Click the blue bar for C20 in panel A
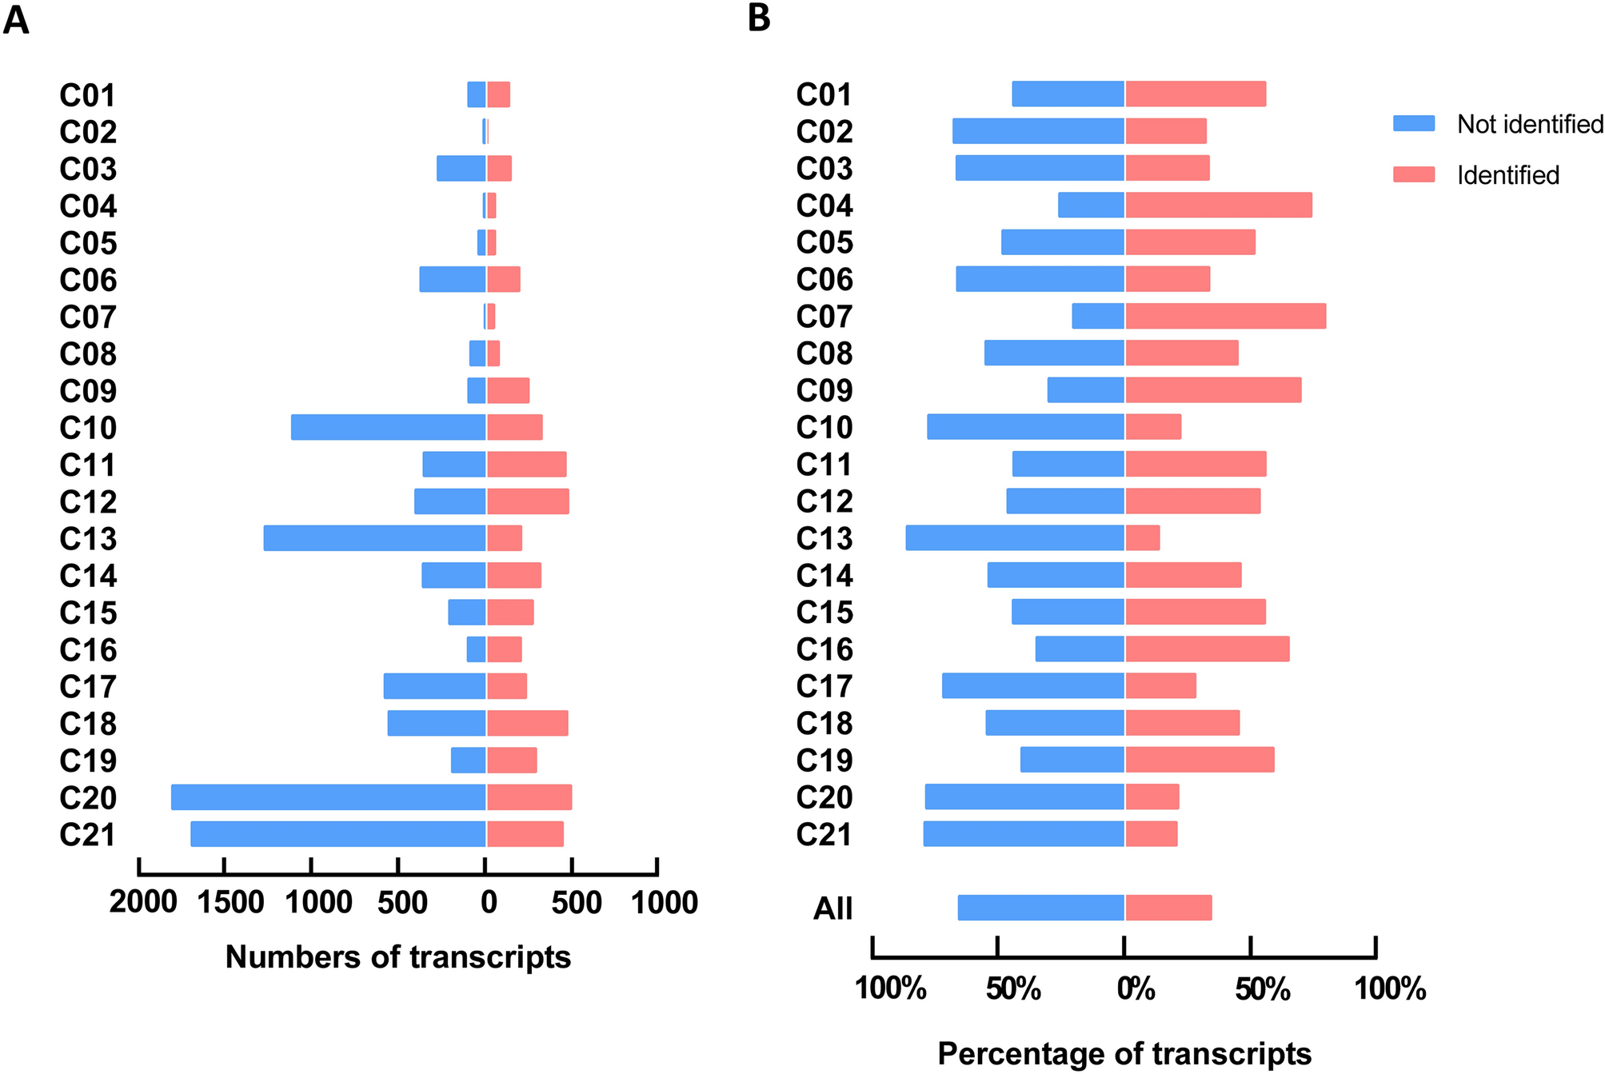tap(328, 797)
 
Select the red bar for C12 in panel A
tap(528, 501)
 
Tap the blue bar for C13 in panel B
tap(1015, 538)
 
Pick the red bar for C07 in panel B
tap(1225, 317)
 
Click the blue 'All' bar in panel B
tap(1040, 908)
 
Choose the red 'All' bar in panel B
tap(1168, 908)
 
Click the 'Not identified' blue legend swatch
tap(1414, 123)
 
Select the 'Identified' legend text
tap(1507, 175)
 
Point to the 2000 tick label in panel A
tap(143, 902)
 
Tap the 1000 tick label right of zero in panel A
tap(664, 903)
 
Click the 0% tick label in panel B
tap(1136, 989)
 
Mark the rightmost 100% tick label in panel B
tap(1390, 989)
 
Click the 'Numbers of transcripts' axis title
tap(397, 957)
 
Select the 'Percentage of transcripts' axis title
tap(1124, 1053)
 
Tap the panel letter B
tap(759, 18)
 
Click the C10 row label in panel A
tap(88, 428)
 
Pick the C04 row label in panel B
tap(824, 206)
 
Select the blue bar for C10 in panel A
tap(388, 427)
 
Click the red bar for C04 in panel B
tap(1218, 206)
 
